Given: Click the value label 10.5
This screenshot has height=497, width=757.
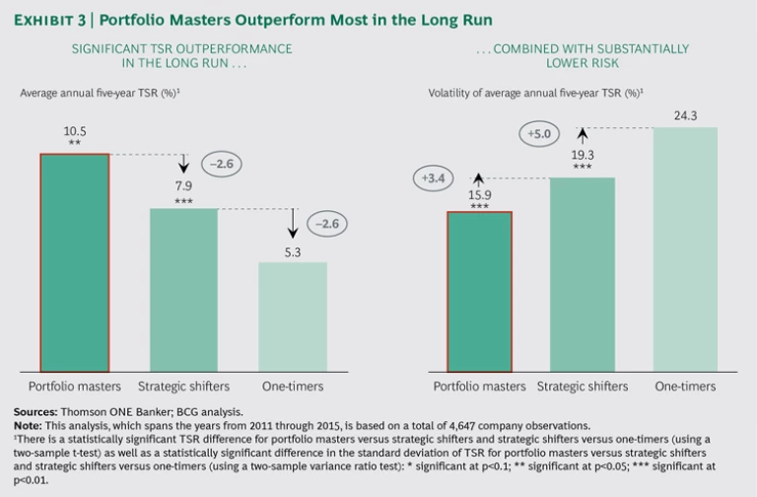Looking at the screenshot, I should point(74,130).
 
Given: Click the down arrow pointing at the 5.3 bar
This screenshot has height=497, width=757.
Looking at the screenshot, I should point(293,222).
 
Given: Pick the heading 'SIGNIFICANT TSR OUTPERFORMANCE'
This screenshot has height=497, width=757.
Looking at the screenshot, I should point(162,47).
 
